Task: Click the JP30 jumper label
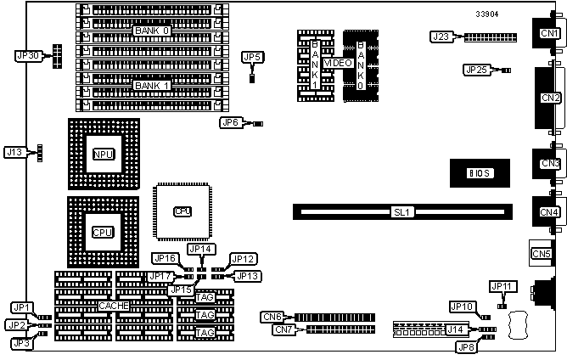(x=28, y=55)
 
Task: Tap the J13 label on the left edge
(x=14, y=152)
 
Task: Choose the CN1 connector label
(x=549, y=33)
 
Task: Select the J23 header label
(x=441, y=37)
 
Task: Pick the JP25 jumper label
(x=475, y=70)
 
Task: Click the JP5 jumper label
(x=252, y=57)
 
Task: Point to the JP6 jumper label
(x=230, y=122)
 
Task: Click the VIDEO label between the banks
(x=338, y=64)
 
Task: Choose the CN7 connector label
(x=283, y=329)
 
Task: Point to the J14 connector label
(x=456, y=329)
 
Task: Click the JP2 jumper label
(x=16, y=324)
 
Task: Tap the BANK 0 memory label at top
(x=152, y=31)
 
